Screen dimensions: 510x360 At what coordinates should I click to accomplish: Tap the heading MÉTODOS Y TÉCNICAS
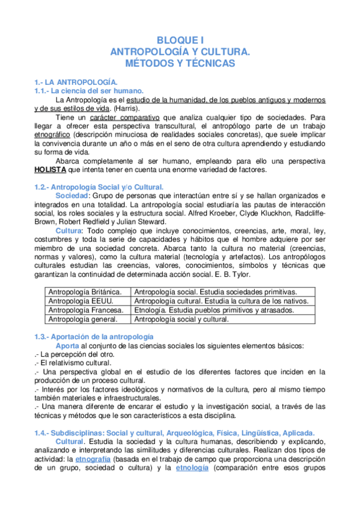click(x=180, y=63)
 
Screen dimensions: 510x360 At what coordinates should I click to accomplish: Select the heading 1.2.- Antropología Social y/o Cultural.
click(x=99, y=188)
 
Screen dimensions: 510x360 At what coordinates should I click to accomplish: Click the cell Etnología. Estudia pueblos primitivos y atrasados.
click(x=215, y=310)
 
